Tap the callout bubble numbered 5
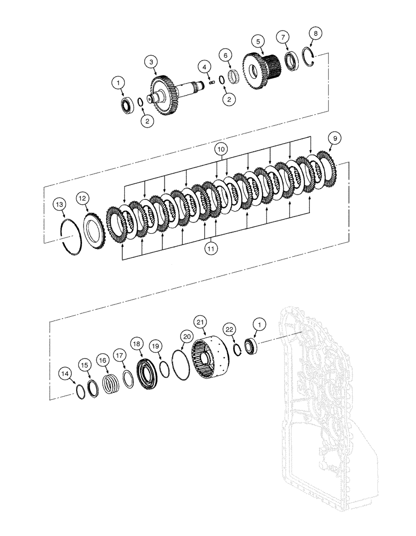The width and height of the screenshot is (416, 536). coord(258,41)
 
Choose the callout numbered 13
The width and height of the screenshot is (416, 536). coord(60,205)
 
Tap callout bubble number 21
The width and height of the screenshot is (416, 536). coord(200,322)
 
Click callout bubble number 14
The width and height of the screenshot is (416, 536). coord(65,373)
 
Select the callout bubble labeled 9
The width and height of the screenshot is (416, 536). coord(334,138)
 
